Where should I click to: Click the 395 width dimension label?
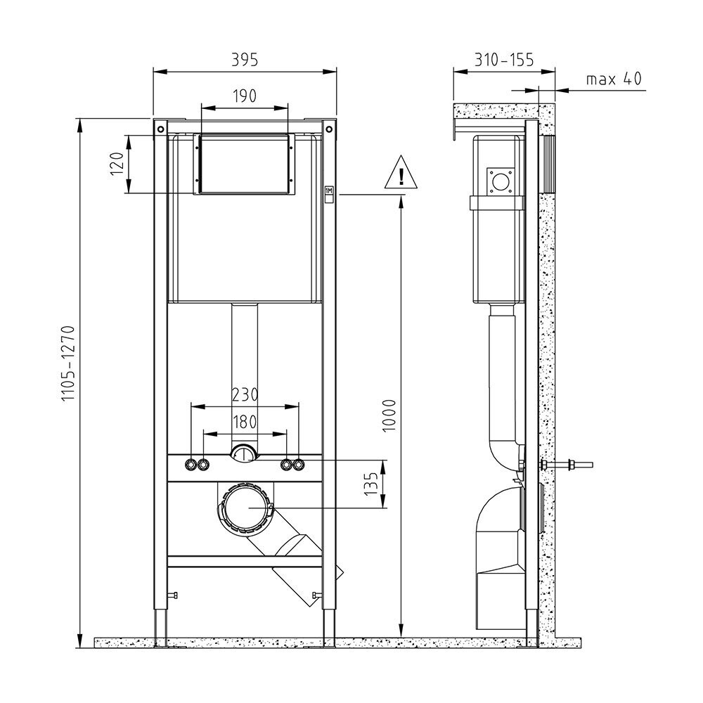click(245, 59)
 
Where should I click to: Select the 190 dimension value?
click(245, 96)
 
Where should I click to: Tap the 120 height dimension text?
click(117, 164)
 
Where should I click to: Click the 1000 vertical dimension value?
click(389, 415)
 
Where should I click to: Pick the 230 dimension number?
click(245, 394)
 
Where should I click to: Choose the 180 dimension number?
click(245, 422)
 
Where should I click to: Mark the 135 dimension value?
click(370, 484)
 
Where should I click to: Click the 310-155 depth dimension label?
click(504, 59)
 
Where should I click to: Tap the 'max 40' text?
click(614, 79)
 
